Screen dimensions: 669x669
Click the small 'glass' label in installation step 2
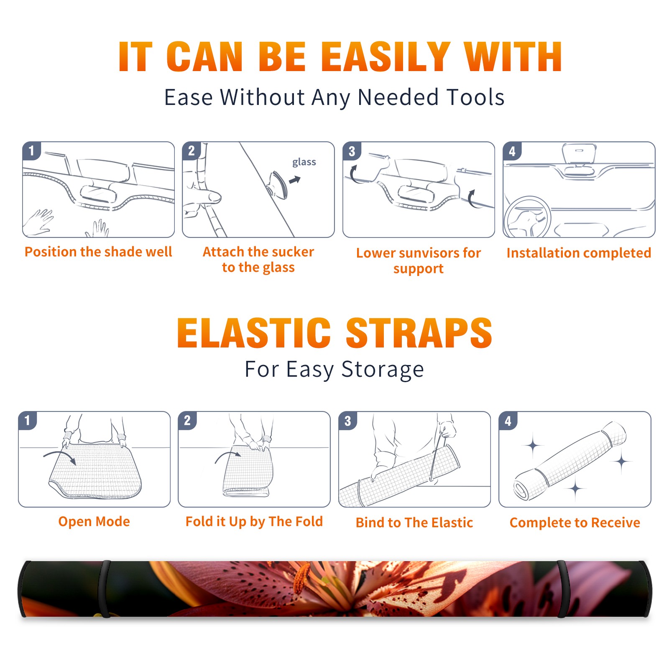coord(304,162)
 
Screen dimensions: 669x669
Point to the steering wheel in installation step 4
coord(527,217)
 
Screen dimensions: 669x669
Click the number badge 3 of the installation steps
coord(352,151)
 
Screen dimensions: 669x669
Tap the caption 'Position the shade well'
coord(98,252)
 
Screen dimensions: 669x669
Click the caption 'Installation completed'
coord(579,253)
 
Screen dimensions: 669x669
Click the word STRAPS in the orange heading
coord(419,333)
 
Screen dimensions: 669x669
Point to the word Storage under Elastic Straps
coord(383,370)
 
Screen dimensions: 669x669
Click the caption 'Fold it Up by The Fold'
coord(254,521)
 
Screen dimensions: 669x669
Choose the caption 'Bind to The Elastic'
coord(414,523)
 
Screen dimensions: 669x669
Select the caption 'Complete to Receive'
coord(575,523)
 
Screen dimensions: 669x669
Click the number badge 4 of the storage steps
coord(508,421)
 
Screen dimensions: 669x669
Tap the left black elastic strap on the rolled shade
coord(105,589)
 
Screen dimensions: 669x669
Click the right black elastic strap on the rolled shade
coord(562,589)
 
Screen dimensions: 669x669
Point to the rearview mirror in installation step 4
coord(579,154)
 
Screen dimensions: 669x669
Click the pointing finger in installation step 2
coord(205,197)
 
